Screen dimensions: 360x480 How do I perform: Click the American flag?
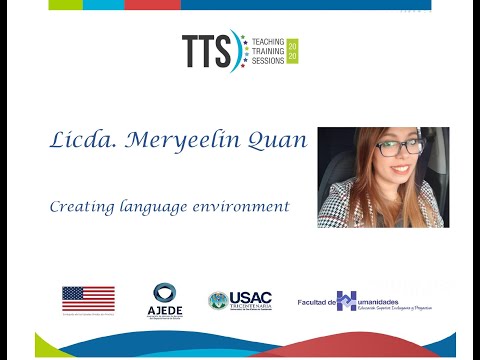(x=88, y=298)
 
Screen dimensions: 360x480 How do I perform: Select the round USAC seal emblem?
(x=217, y=300)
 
